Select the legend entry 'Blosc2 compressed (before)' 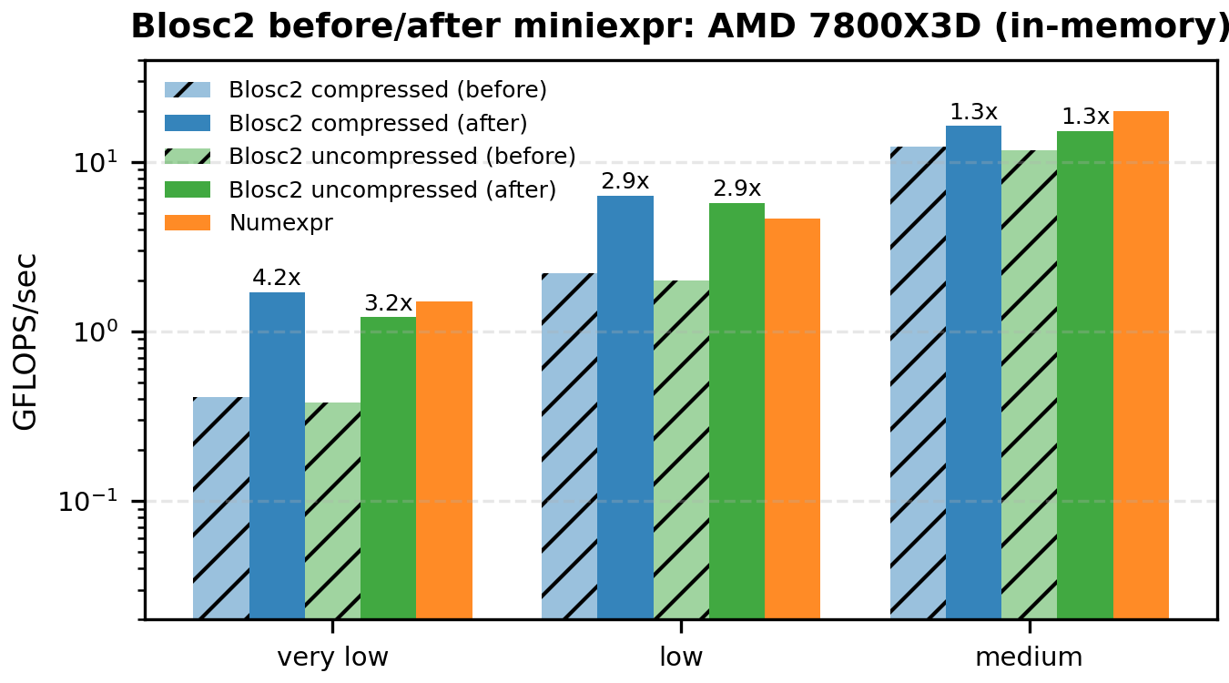tap(388, 90)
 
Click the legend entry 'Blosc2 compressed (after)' tap(378, 123)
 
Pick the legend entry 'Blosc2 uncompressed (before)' tap(401, 157)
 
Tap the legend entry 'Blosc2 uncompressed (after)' tap(392, 189)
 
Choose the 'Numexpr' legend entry tap(280, 223)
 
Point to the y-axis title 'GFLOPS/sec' tap(25, 340)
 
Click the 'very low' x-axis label tap(332, 658)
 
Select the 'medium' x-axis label tap(1029, 658)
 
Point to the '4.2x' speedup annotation tap(277, 278)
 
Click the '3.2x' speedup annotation tap(389, 302)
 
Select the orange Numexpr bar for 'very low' tap(444, 460)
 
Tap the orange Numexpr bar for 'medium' tap(1141, 364)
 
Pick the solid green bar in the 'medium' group tap(1084, 374)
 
